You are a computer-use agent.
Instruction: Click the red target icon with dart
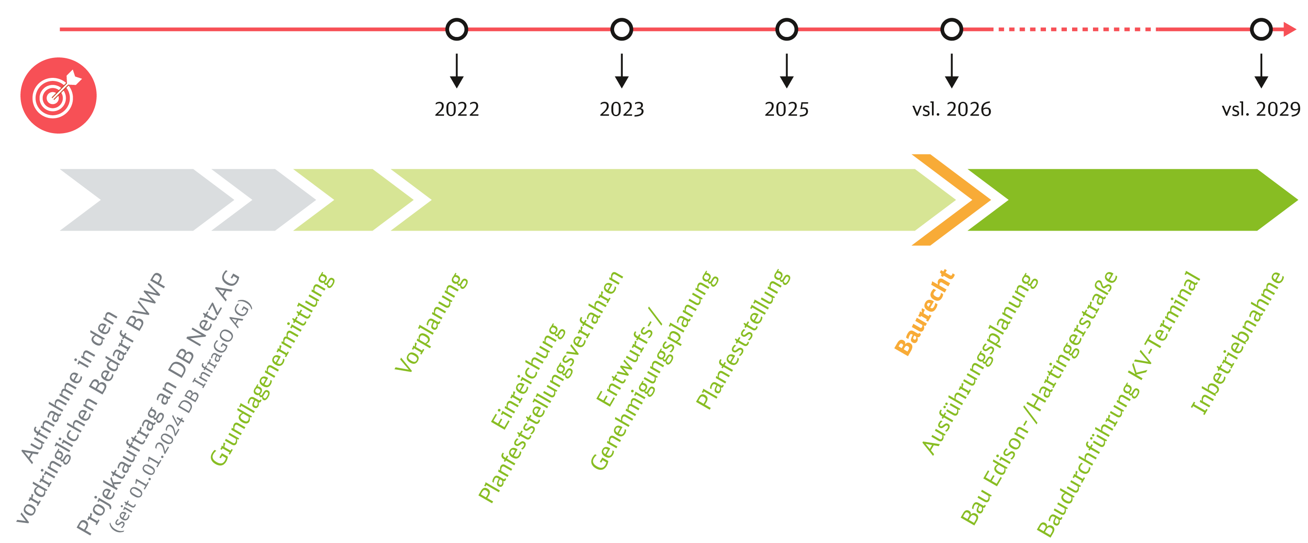click(x=58, y=95)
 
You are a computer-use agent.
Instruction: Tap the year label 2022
click(x=457, y=110)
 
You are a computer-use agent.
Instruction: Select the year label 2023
click(x=622, y=110)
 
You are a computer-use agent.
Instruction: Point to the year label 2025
click(x=787, y=110)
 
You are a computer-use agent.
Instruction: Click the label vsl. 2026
click(x=952, y=110)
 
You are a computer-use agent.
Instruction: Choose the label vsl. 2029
click(x=1261, y=110)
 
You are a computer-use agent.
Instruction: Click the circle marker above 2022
click(x=457, y=30)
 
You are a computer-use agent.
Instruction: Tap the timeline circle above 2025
click(x=787, y=30)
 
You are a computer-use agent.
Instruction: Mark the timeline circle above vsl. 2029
click(x=1261, y=30)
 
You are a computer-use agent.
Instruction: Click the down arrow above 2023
click(x=622, y=71)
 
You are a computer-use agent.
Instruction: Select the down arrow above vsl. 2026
click(x=952, y=71)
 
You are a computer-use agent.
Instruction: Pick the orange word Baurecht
click(x=925, y=312)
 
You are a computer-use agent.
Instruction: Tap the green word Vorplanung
click(x=432, y=323)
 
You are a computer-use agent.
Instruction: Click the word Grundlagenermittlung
click(x=272, y=369)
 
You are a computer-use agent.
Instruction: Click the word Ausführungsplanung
click(x=980, y=363)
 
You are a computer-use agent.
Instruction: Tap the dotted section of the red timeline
click(x=1074, y=30)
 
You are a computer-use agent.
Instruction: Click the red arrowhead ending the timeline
click(x=1290, y=30)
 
